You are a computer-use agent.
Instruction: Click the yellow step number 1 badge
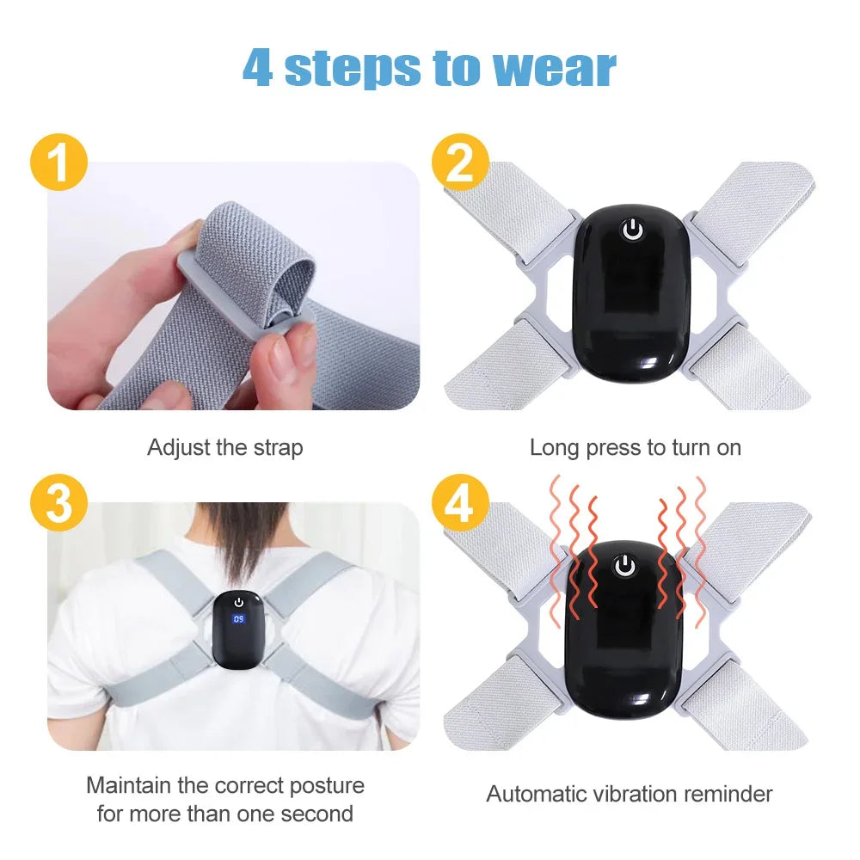coord(59,164)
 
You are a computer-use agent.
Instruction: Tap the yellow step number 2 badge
coord(461,164)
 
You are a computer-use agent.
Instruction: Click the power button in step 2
coord(633,230)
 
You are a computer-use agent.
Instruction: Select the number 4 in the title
coord(258,68)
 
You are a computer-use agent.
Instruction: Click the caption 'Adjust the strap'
coord(225,448)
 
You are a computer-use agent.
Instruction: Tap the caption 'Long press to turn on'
coord(635,448)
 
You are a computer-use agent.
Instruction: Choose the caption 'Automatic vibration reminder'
coord(630,794)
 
